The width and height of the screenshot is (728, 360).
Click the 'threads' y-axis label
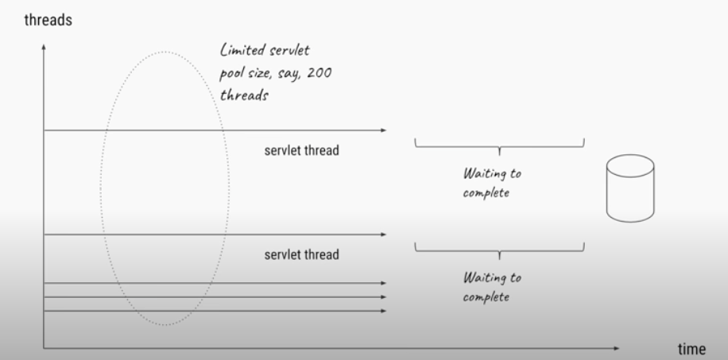(48, 20)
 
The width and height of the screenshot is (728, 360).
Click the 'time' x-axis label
(691, 350)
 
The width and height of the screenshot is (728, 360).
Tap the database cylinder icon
(630, 188)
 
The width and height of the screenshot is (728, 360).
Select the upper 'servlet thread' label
(301, 151)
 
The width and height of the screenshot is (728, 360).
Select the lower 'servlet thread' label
(301, 255)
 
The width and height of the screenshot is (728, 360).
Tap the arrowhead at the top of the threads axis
(44, 49)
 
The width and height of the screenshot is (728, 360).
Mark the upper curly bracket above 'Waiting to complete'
(499, 145)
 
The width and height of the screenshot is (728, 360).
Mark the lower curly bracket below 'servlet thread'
(499, 250)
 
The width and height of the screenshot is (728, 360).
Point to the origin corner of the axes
(44, 348)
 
